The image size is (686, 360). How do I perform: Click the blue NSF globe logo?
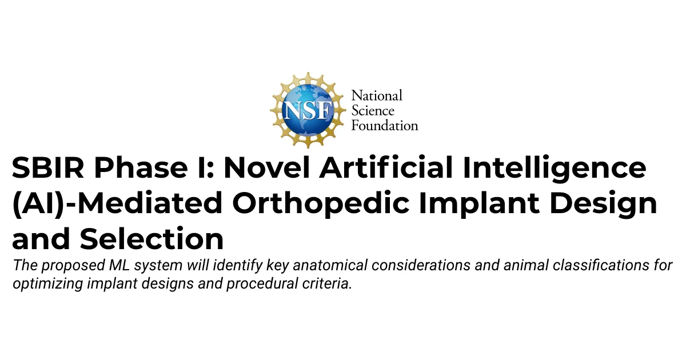[308, 110]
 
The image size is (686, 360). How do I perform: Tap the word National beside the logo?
[377, 95]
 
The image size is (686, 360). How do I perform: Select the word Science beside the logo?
[373, 110]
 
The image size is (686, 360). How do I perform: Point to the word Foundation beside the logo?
[385, 126]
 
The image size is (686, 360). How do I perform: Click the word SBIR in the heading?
[48, 167]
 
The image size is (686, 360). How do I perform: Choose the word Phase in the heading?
[141, 167]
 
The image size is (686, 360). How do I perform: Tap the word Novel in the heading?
[266, 167]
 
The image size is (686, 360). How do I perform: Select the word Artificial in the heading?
[386, 167]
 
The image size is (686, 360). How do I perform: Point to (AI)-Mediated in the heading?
[117, 203]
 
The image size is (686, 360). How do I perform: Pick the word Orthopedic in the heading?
[321, 204]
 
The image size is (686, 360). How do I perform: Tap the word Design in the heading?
[603, 204]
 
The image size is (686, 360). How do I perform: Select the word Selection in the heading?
[151, 238]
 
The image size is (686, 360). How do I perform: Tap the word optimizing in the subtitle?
[48, 284]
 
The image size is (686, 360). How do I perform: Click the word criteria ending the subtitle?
[327, 283]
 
